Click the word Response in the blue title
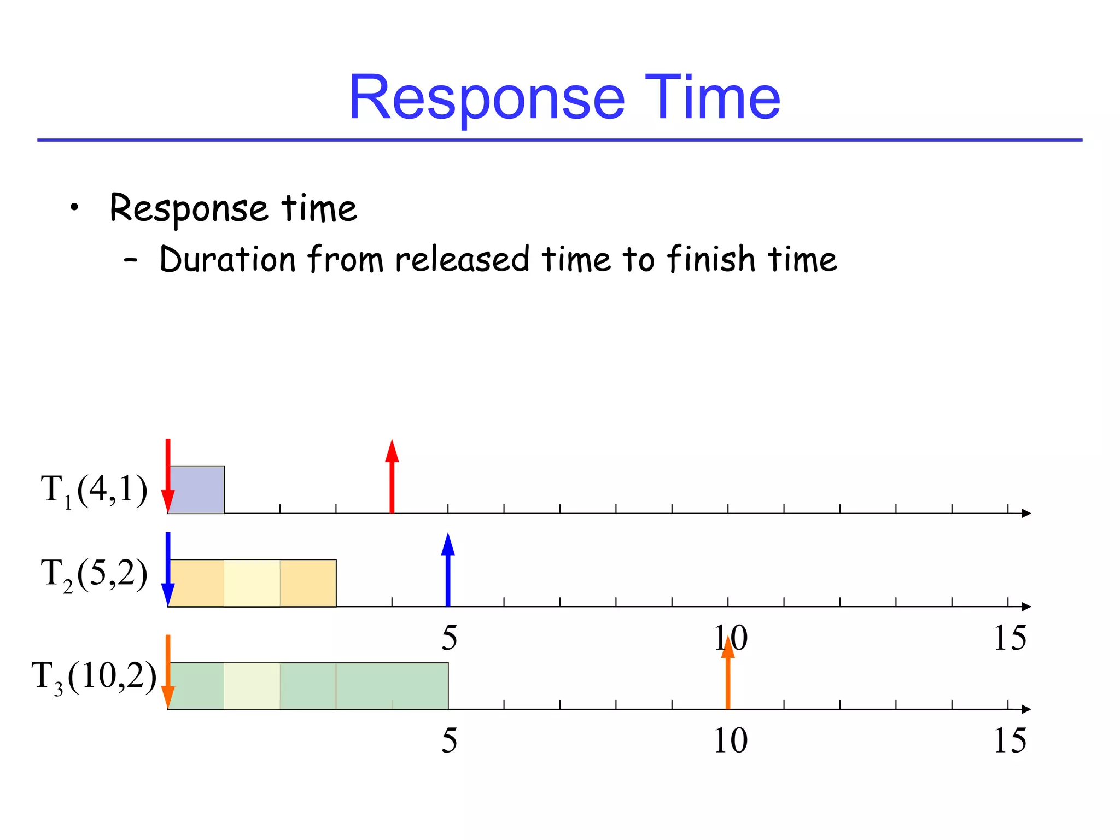(x=487, y=98)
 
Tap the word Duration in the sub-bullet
(x=227, y=259)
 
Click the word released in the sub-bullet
(x=462, y=259)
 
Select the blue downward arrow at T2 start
(x=168, y=569)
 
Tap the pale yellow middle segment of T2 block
(x=252, y=583)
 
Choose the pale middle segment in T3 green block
(x=252, y=686)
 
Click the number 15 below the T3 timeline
(x=1010, y=741)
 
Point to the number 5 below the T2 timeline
(x=449, y=638)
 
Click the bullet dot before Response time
(x=74, y=207)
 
